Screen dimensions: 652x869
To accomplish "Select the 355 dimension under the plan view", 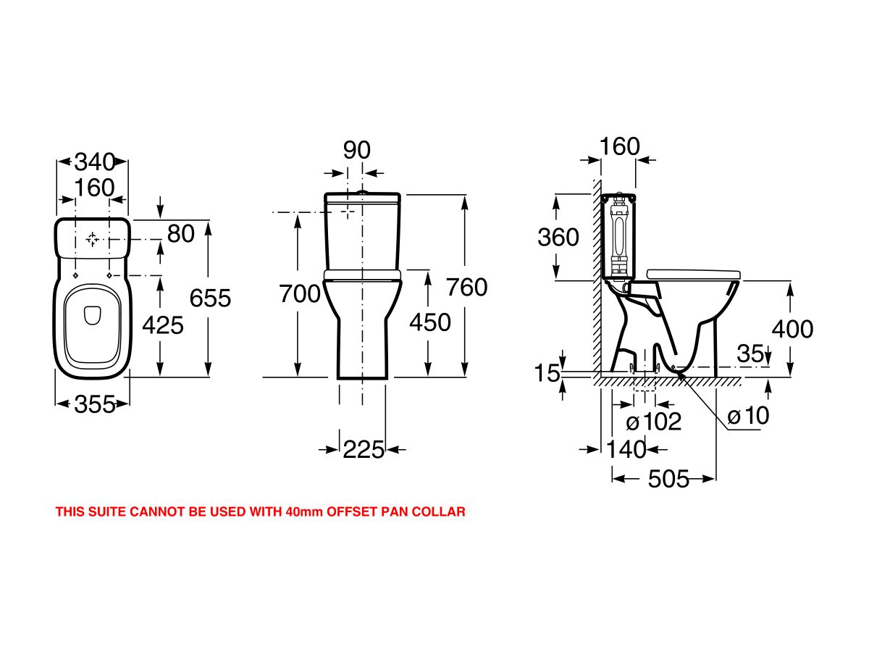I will [x=94, y=405].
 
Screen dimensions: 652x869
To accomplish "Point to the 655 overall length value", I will [x=210, y=297].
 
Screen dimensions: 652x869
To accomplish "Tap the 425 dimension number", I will [x=162, y=325].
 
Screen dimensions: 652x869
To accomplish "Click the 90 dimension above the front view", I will [x=356, y=150].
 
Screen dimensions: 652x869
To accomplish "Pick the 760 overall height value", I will [x=467, y=287].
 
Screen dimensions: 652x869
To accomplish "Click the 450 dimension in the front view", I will [x=429, y=322].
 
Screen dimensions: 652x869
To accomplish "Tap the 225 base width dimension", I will [x=364, y=450].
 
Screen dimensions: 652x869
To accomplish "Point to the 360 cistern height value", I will [x=558, y=237].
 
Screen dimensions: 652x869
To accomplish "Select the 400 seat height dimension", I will [x=792, y=330].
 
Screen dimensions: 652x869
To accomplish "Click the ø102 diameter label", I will [x=654, y=422].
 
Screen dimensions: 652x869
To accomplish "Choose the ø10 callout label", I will [x=748, y=416].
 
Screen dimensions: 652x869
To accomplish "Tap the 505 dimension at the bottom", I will [x=668, y=478].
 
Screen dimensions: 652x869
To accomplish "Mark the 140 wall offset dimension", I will [x=626, y=450].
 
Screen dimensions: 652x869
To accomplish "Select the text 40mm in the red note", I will [x=306, y=512].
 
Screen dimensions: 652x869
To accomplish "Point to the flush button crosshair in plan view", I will [x=93, y=239].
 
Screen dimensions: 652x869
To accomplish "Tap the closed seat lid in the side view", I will [x=694, y=273].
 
